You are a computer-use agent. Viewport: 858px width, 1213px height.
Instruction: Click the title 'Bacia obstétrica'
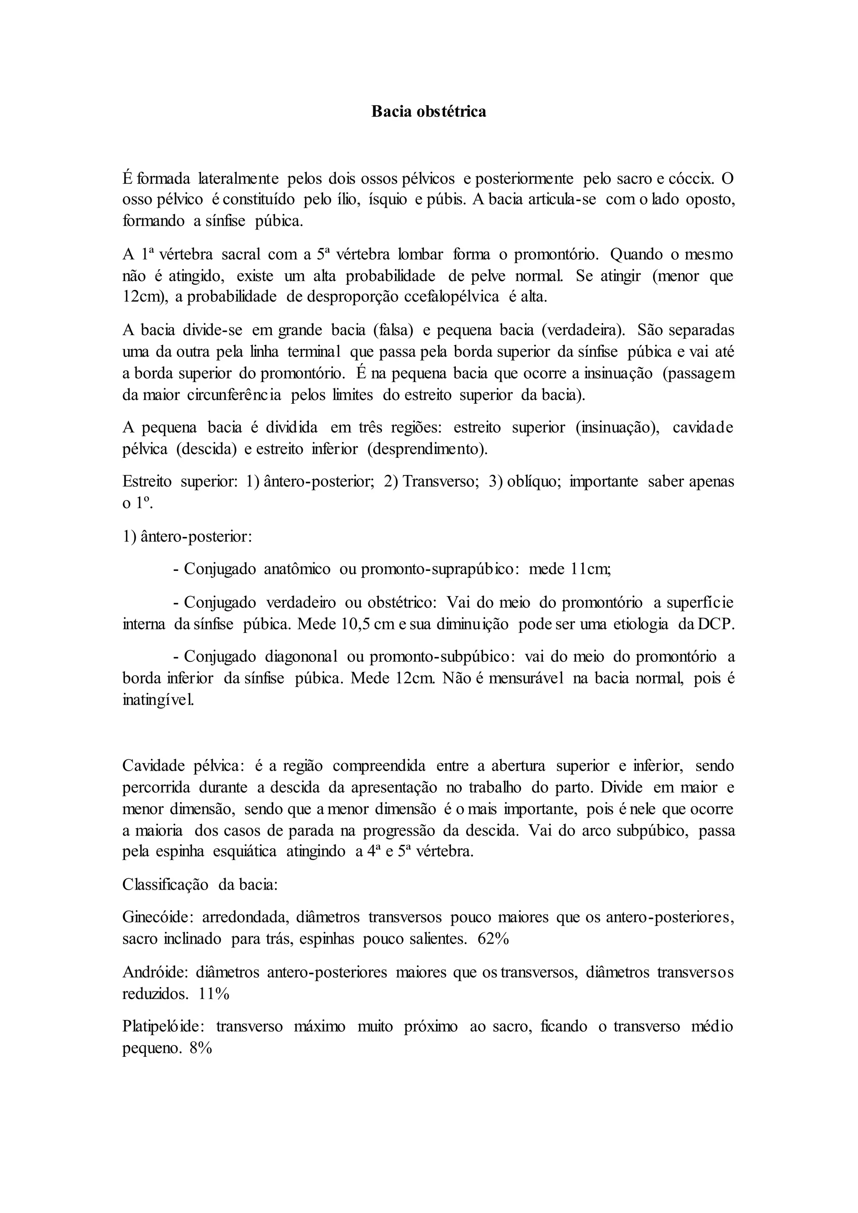pyautogui.click(x=429, y=112)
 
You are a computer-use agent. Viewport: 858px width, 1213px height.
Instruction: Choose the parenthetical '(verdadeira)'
pyautogui.click(x=583, y=330)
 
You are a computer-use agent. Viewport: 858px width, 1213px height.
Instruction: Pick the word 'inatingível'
pyautogui.click(x=158, y=701)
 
